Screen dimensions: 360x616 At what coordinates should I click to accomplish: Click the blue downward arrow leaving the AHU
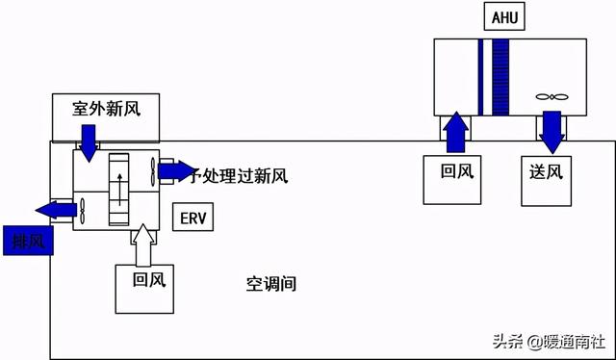tap(552, 133)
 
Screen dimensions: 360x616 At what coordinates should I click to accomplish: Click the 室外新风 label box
tap(107, 109)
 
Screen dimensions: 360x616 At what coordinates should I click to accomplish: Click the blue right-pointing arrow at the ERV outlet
tap(176, 171)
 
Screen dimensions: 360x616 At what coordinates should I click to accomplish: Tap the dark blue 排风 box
tap(27, 240)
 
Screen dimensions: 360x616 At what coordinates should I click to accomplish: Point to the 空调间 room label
tap(269, 284)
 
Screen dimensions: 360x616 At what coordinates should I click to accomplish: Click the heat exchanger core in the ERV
tap(119, 190)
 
